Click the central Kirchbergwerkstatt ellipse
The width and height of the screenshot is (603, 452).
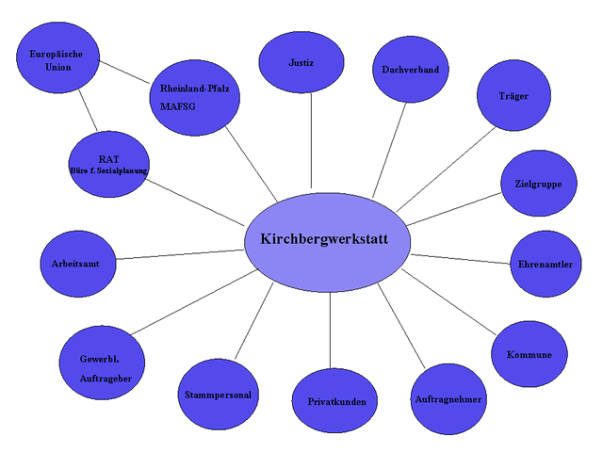(330, 242)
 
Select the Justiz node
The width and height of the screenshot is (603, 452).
(301, 63)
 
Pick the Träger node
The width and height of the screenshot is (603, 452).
(513, 96)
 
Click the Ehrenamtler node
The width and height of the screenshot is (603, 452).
(545, 264)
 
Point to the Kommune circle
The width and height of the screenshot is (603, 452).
(530, 355)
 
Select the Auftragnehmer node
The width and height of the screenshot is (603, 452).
(448, 399)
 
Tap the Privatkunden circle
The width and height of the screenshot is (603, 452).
(330, 401)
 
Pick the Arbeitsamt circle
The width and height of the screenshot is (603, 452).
(76, 264)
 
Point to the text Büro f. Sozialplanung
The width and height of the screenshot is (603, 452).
(109, 171)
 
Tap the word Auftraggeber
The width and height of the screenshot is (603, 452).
(106, 379)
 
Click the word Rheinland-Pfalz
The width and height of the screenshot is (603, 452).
(195, 89)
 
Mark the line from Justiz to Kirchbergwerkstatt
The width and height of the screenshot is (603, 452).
(311, 141)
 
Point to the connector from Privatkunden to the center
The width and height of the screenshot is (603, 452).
(330, 330)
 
